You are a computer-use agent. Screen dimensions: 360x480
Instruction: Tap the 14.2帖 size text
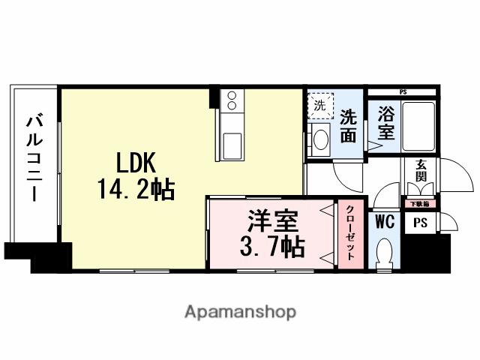coord(135,189)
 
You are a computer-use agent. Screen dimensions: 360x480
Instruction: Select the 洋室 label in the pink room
coord(274,222)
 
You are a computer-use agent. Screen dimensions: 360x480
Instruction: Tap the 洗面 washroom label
coord(348,126)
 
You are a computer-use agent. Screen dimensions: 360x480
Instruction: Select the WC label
coord(385,222)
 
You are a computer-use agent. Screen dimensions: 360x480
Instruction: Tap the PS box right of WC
coord(420,223)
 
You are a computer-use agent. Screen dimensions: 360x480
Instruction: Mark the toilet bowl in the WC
coord(384,251)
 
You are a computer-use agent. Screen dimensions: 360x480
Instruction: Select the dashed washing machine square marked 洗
coord(319,106)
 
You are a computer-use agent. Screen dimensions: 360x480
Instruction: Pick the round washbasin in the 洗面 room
coord(321,139)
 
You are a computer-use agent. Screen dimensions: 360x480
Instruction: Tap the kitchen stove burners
coord(232,100)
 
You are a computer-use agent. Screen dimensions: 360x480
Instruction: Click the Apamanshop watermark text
coord(240,311)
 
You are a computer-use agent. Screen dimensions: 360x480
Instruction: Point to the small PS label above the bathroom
coord(403,91)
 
